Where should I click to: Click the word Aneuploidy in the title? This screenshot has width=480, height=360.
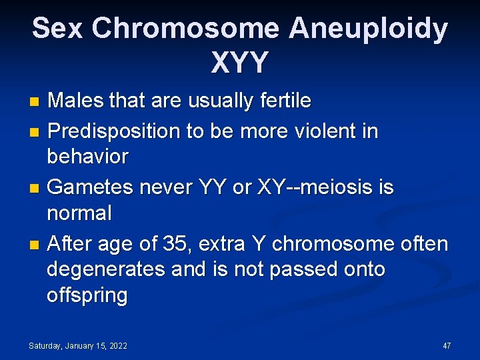[368, 29]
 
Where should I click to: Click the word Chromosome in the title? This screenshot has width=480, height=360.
[185, 29]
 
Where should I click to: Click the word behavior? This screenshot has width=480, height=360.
[87, 157]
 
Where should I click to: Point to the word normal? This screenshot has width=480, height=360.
[79, 213]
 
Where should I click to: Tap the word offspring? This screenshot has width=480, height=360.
[87, 295]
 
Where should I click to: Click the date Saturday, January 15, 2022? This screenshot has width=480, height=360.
[77, 346]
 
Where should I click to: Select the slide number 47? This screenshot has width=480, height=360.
[447, 346]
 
